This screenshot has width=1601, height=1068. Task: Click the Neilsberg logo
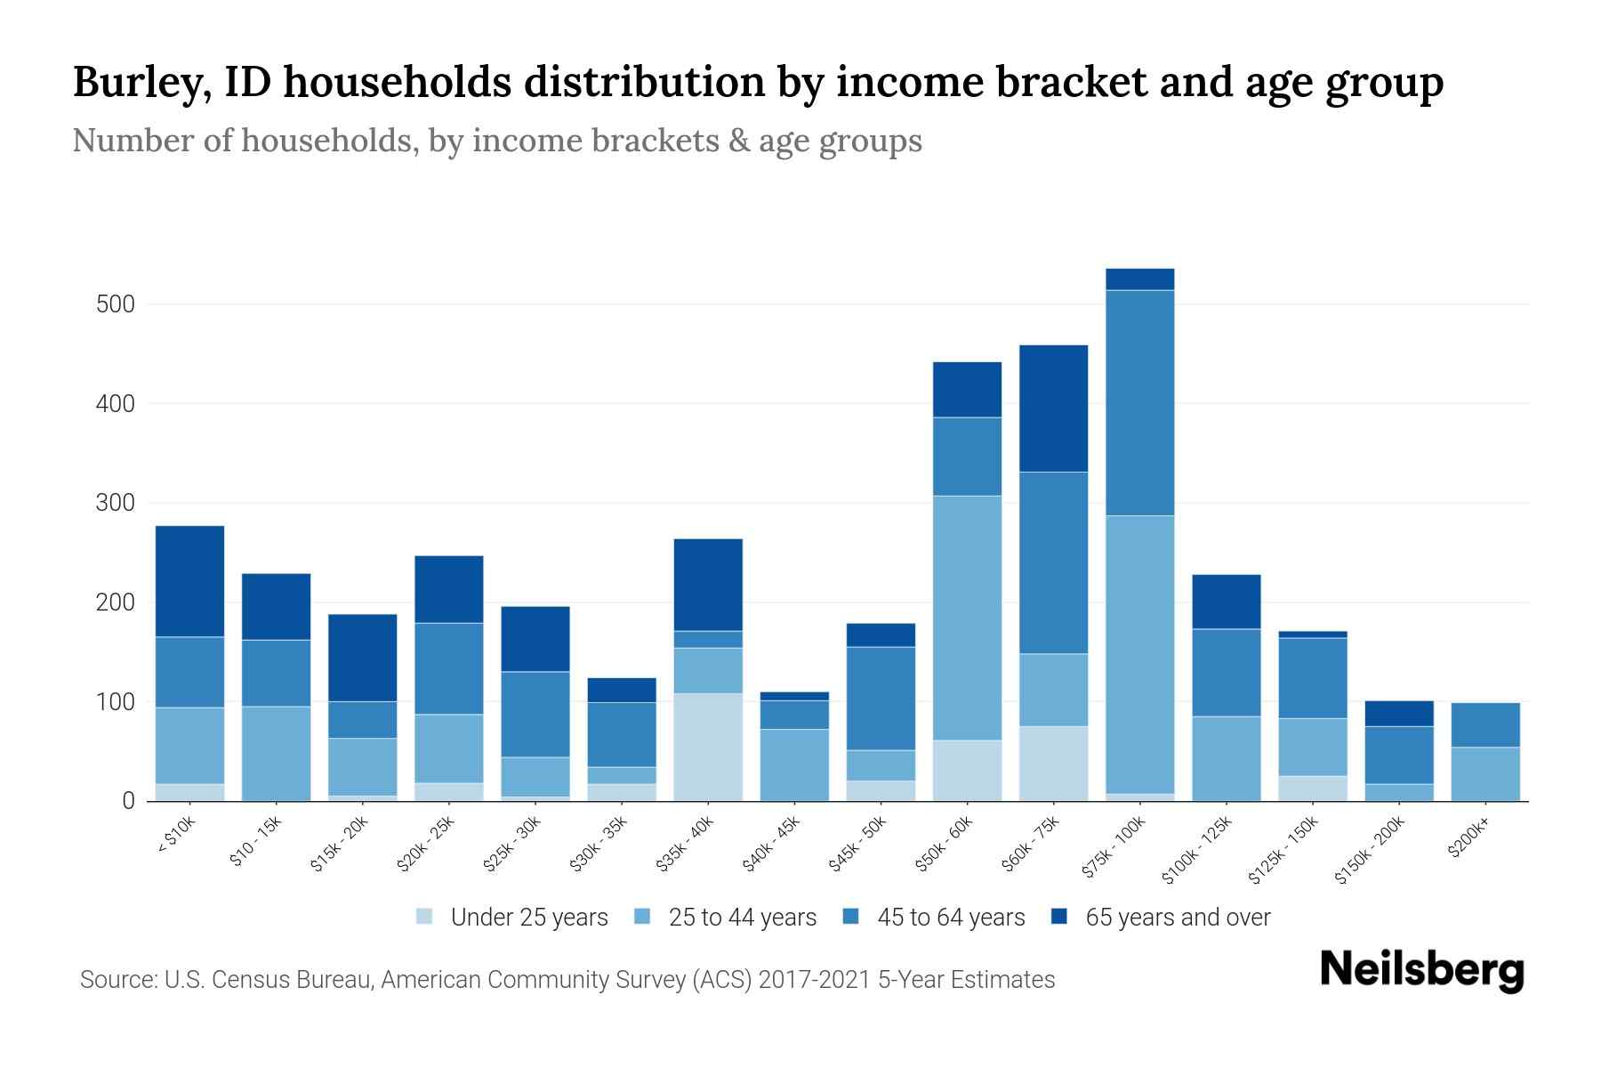pyautogui.click(x=1421, y=970)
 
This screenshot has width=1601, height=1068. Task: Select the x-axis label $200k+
pyautogui.click(x=1468, y=840)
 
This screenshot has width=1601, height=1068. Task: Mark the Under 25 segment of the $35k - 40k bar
pyautogui.click(x=708, y=747)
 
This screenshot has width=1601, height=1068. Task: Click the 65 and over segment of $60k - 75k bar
pyautogui.click(x=1053, y=409)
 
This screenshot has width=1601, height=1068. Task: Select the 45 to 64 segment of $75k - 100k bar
pyautogui.click(x=1139, y=402)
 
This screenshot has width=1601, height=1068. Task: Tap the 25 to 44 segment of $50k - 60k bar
pyautogui.click(x=967, y=618)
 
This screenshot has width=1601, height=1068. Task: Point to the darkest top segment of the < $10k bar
pyautogui.click(x=189, y=581)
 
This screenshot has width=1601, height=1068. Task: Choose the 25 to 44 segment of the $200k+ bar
pyautogui.click(x=1485, y=773)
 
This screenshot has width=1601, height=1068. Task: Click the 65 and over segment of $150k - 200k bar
pyautogui.click(x=1399, y=713)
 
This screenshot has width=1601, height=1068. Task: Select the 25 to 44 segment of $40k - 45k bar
pyautogui.click(x=794, y=765)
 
